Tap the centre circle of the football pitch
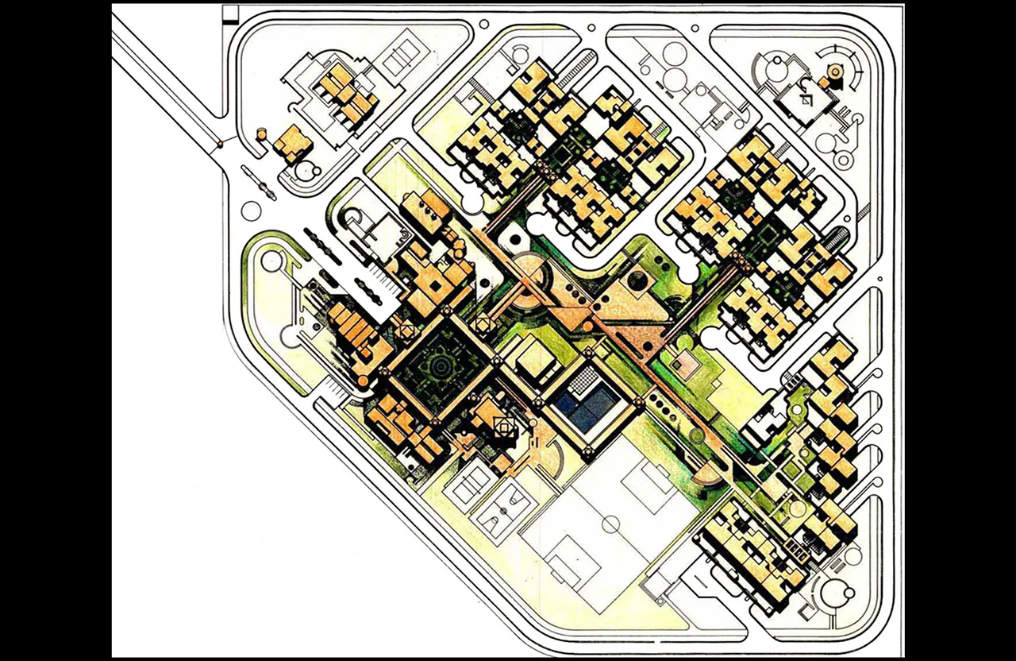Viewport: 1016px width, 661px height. (612, 524)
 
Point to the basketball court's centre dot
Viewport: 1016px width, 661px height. (504, 511)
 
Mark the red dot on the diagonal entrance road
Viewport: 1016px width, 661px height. (220, 145)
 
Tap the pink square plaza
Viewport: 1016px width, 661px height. (684, 364)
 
